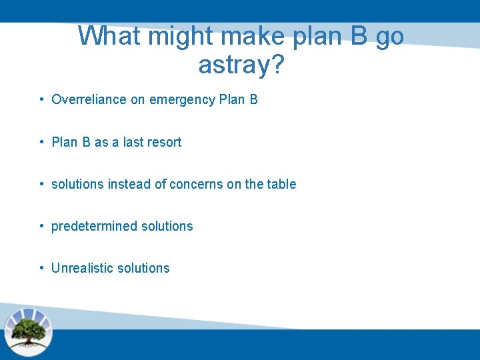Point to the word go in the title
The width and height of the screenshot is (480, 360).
389,36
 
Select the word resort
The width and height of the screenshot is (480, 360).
163,142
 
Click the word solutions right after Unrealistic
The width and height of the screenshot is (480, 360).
143,268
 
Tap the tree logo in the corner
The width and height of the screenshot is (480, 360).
28,331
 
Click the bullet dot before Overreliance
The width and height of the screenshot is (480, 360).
41,99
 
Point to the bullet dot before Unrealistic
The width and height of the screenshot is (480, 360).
41,268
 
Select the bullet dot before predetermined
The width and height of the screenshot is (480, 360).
41,226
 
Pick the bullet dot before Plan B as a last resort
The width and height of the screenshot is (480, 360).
41,142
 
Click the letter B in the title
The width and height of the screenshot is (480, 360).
358,36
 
